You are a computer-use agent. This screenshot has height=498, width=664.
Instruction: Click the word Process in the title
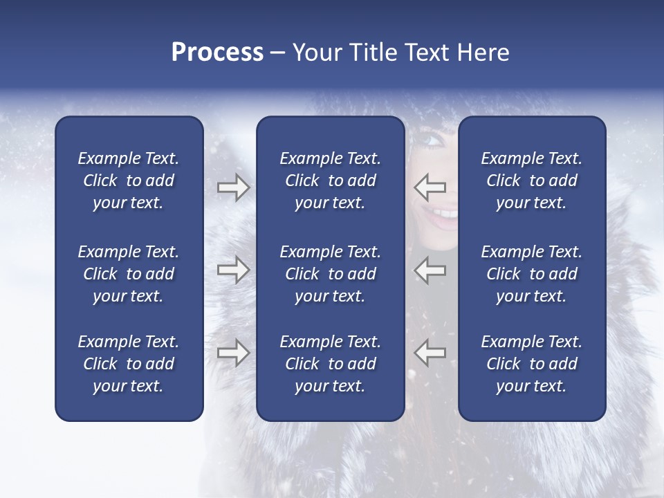pos(217,53)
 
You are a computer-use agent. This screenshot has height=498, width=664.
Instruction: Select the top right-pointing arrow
pos(233,187)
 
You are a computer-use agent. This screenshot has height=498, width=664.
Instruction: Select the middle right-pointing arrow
pos(233,270)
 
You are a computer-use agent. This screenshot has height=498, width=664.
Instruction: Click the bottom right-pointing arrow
pos(233,353)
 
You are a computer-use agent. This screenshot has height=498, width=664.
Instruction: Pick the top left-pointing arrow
pos(430,187)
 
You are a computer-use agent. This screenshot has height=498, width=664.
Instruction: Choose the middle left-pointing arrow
pos(430,270)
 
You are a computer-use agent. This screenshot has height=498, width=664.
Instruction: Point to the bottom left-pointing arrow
pos(430,353)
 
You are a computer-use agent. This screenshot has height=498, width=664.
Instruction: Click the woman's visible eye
pos(432,140)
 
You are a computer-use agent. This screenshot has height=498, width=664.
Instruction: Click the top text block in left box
pos(129,181)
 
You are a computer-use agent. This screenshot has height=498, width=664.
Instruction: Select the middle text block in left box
pos(129,274)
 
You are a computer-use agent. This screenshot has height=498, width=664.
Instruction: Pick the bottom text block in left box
pos(129,364)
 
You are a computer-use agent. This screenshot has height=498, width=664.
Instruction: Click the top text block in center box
pos(330,181)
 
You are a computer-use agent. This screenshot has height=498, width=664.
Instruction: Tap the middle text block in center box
pos(330,274)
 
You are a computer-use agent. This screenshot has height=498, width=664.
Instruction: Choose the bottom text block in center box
pos(330,364)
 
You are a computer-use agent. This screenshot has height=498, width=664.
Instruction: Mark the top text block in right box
pos(531,181)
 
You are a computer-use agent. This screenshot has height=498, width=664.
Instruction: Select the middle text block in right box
pos(531,274)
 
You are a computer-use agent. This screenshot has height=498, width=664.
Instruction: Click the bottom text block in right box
pos(531,364)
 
